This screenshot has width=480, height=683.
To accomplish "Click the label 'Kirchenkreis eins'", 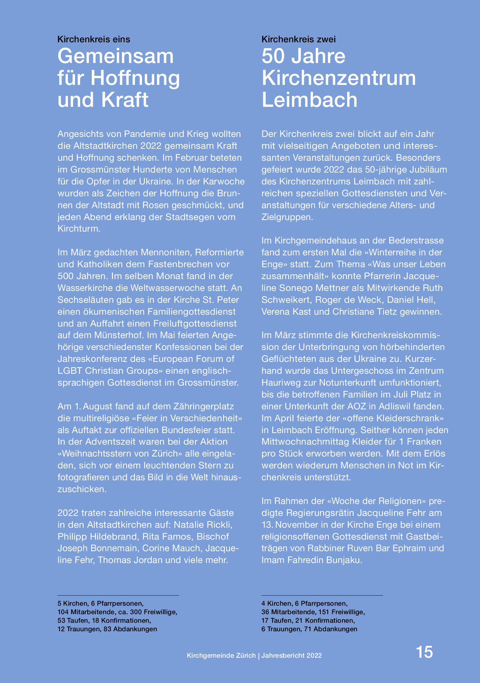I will point(94,39).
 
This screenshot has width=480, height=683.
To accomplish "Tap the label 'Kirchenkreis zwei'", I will point(298,39).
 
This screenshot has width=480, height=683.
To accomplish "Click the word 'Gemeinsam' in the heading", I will point(116,56).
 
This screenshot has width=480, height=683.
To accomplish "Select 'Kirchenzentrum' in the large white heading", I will point(339,78).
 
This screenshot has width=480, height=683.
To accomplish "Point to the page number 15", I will point(424,652).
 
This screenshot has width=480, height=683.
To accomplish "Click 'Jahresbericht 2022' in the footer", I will point(291,656).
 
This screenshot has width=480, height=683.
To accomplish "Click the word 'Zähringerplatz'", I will point(204,406).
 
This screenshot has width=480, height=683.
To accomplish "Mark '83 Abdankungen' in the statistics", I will point(130,629).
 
